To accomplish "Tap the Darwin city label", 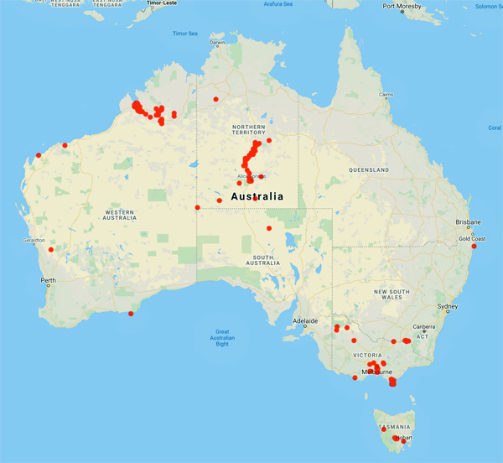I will pos(218,42).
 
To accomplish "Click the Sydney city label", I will pos(448,306).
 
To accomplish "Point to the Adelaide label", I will pos(304,320).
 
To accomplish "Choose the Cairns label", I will pos(386,94).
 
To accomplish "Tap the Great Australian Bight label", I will pos(222,337).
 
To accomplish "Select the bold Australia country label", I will pos(257,196).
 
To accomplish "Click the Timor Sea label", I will pos(184,34).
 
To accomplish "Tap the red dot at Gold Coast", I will pos(474,246).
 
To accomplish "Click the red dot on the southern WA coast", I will pos(130,314).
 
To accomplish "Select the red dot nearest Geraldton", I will pos(51,249).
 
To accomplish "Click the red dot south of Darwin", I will pos(215,99).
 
